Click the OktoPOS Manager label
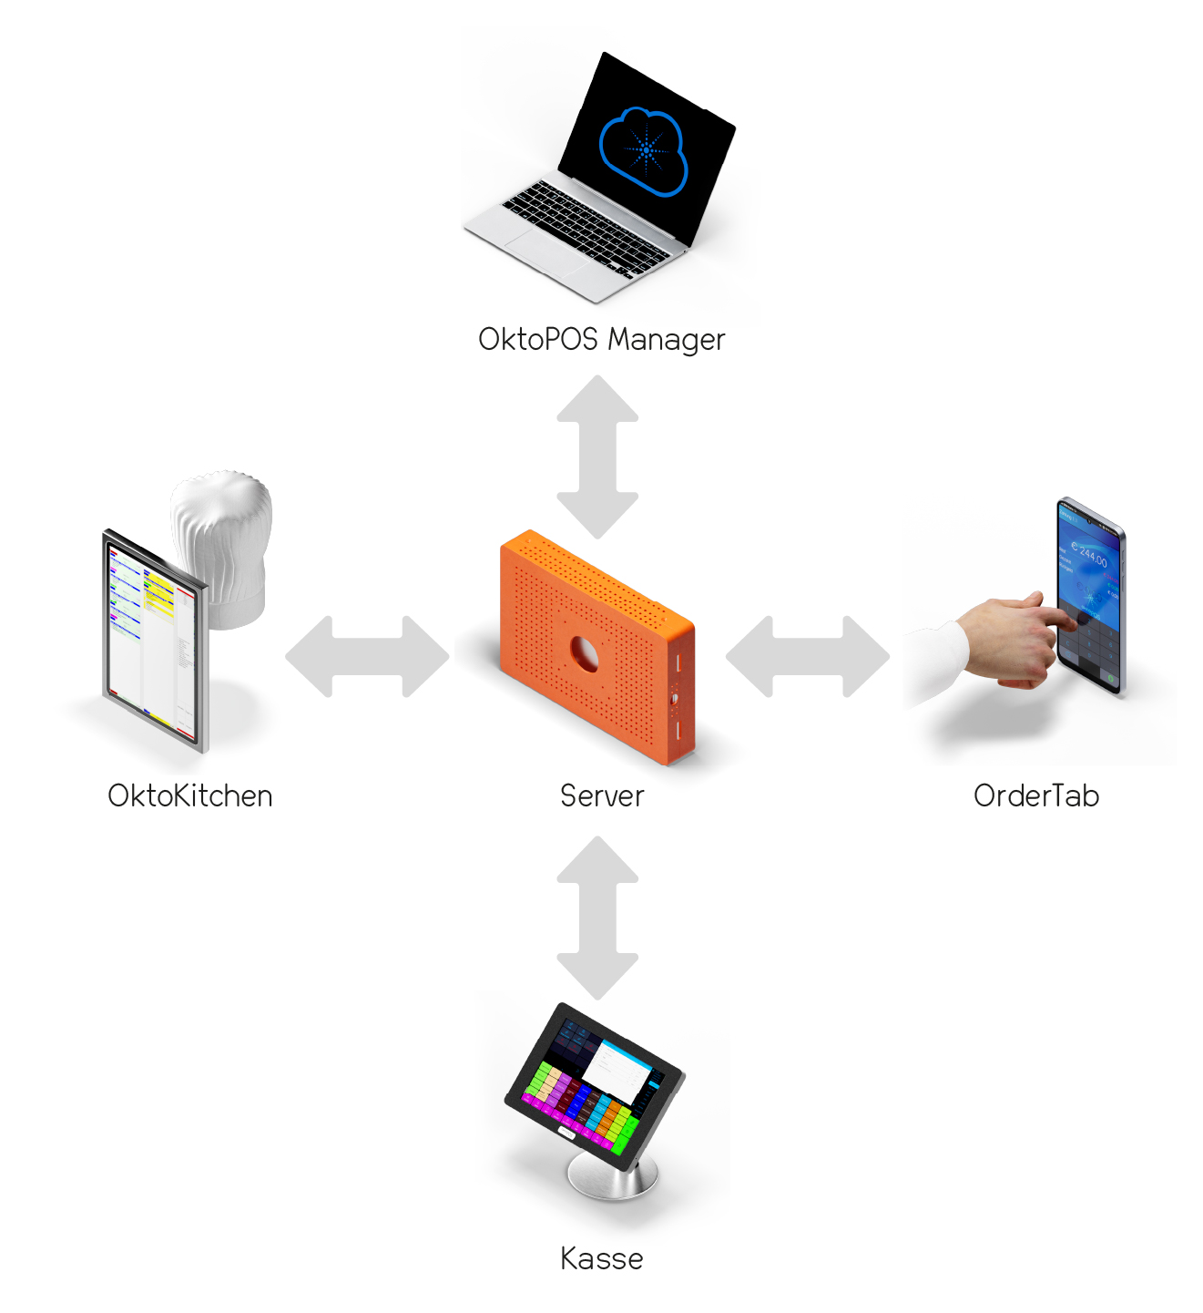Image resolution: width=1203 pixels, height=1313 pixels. [x=601, y=340]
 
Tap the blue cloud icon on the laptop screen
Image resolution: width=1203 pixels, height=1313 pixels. [x=643, y=150]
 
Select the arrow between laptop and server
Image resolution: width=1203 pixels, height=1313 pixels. [x=597, y=456]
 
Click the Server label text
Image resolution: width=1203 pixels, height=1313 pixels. [x=601, y=796]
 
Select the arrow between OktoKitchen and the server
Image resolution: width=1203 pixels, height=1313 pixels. [x=367, y=656]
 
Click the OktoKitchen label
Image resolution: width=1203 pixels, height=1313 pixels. [x=189, y=796]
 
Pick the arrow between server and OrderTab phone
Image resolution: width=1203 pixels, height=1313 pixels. [x=808, y=656]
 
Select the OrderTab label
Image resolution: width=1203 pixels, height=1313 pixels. [x=1035, y=796]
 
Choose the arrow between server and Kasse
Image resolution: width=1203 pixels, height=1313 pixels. [x=597, y=918]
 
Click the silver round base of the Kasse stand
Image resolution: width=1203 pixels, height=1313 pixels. [x=612, y=1181]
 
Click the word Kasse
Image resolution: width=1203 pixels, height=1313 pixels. [x=601, y=1259]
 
